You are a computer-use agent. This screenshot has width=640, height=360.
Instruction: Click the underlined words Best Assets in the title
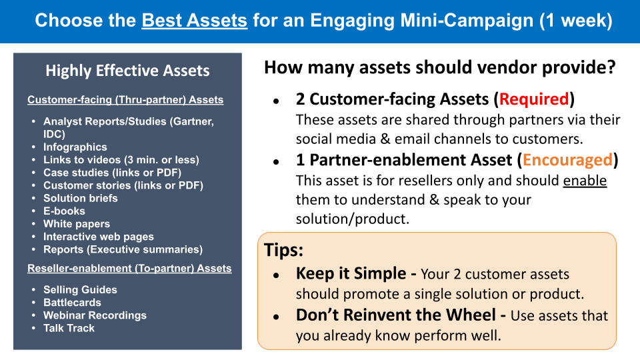pos(194,21)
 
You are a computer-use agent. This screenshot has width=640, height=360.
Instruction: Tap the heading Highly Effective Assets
pos(127,71)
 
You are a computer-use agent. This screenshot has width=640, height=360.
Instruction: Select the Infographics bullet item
pos(75,147)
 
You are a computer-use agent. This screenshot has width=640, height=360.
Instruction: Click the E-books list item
pos(64,211)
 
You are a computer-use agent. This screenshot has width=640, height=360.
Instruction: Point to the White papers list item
pos(77,224)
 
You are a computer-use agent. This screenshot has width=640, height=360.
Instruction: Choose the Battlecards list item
pos(72,303)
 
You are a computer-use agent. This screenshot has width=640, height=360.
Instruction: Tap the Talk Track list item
pos(69,328)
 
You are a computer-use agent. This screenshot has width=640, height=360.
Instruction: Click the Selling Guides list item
pos(80,290)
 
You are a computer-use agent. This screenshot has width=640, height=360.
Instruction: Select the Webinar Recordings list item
pos(95,315)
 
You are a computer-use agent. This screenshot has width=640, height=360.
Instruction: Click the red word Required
pos(534,99)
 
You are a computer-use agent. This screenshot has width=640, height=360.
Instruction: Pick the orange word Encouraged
pos(568,160)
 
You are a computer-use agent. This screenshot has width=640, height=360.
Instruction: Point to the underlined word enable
pos(585,181)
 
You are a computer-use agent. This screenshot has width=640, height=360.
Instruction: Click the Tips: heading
pos(284,250)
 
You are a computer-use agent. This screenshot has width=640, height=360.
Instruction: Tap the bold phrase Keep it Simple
pos(351,273)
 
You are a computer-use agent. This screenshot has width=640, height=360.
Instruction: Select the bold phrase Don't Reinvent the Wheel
pos(396,315)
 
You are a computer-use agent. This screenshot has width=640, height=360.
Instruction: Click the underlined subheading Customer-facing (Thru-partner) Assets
pos(125,100)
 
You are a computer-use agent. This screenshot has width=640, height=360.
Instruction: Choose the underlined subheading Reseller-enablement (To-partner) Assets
pos(129,269)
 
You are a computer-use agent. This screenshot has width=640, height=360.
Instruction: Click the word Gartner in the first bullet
pos(192,121)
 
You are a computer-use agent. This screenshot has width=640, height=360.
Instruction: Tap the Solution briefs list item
pos(81,199)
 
